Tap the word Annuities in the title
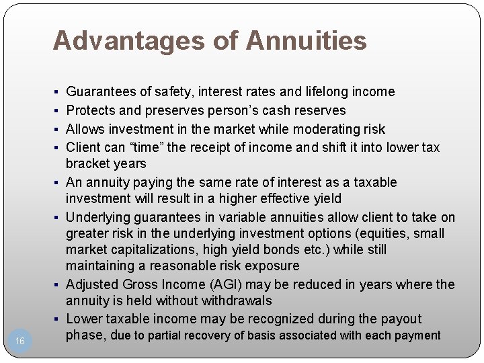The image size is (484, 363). pyautogui.click(x=307, y=41)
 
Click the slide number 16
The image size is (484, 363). pyautogui.click(x=20, y=341)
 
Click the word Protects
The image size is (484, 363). pyautogui.click(x=93, y=110)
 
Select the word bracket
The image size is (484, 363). pyautogui.click(x=88, y=163)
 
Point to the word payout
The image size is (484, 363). pyautogui.click(x=400, y=319)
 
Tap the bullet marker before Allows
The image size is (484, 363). pyautogui.click(x=59, y=129)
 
